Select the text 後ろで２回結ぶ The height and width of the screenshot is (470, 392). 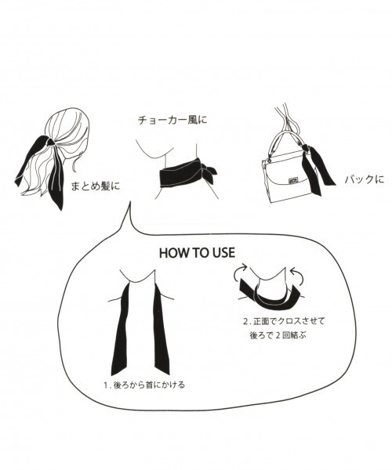[277, 335]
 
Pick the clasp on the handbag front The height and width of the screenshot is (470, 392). [299, 178]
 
